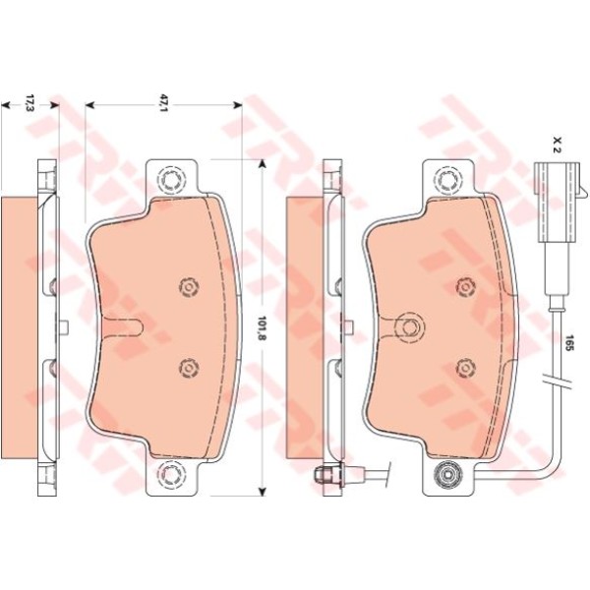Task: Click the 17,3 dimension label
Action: (29, 103)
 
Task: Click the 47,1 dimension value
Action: (163, 103)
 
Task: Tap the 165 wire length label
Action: (568, 343)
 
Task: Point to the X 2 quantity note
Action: (558, 145)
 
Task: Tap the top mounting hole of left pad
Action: (171, 179)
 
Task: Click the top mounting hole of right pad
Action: (448, 179)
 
